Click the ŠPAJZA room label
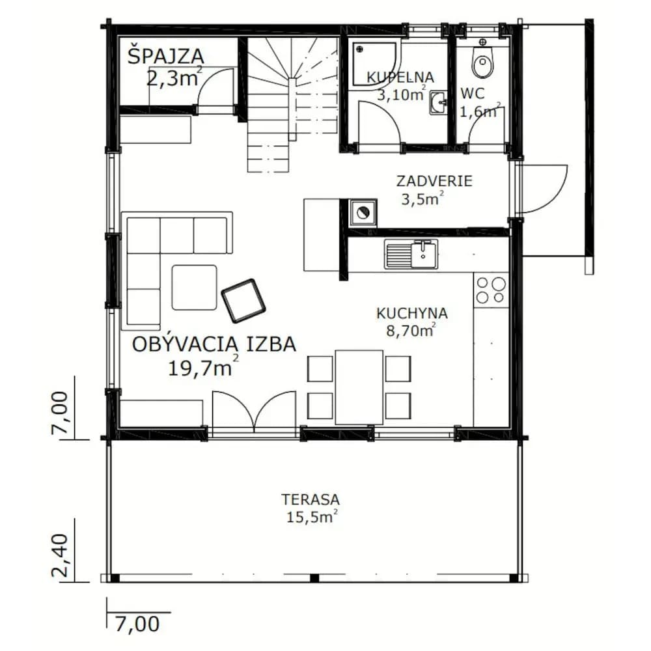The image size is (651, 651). (x=165, y=56)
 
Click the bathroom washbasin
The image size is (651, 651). (x=438, y=103)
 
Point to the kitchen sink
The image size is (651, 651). (x=411, y=254)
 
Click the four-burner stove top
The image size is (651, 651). (x=491, y=290)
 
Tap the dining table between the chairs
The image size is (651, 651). (x=359, y=387)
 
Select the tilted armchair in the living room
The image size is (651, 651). (x=243, y=301)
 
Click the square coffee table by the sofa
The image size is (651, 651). (x=194, y=287)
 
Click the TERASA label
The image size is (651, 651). (x=311, y=499)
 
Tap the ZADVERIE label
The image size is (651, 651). (x=434, y=182)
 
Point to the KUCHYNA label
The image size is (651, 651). (x=412, y=313)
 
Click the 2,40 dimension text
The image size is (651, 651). (x=59, y=555)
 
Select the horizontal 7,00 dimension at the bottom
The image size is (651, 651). (x=137, y=624)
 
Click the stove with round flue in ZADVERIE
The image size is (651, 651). (x=363, y=213)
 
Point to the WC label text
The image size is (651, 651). (x=473, y=94)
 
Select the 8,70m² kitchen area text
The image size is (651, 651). (x=411, y=331)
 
